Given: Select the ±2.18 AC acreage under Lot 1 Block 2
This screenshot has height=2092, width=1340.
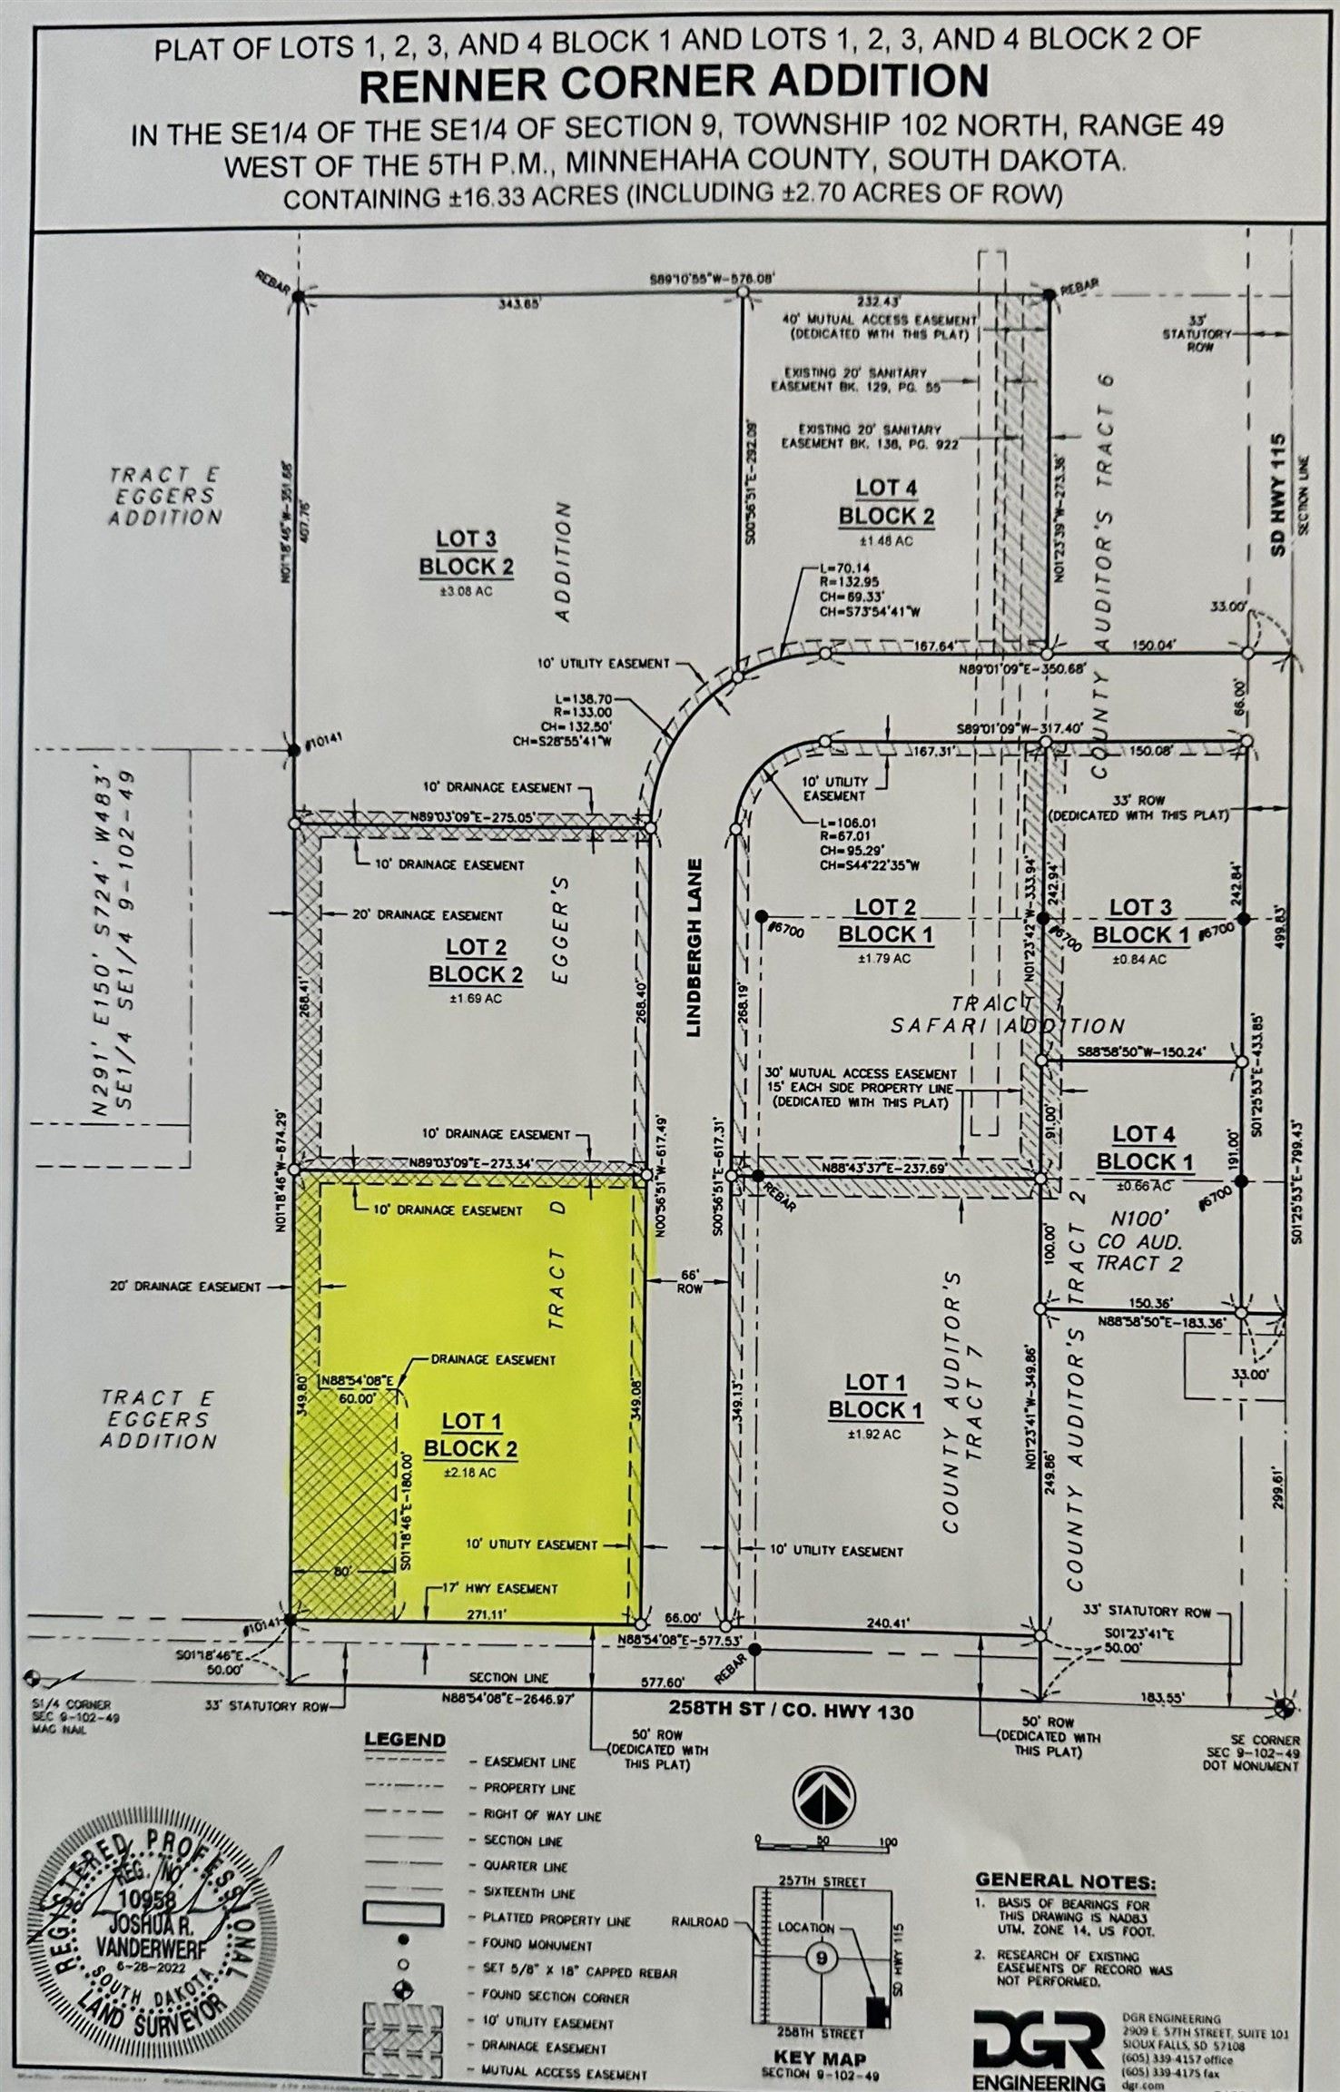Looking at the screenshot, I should tap(470, 1473).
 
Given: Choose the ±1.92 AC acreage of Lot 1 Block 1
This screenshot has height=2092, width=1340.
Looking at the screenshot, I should tap(875, 1435).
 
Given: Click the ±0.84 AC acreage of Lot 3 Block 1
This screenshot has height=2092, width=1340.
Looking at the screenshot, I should tap(1140, 959).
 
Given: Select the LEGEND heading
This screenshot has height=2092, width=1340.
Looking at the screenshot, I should tap(405, 1740).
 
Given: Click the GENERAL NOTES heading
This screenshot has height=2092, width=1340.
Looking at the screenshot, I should tap(1065, 1880).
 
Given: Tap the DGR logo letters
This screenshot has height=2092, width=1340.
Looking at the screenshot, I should tap(1038, 2039).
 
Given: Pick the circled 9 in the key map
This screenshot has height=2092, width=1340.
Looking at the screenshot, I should tap(821, 1958).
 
